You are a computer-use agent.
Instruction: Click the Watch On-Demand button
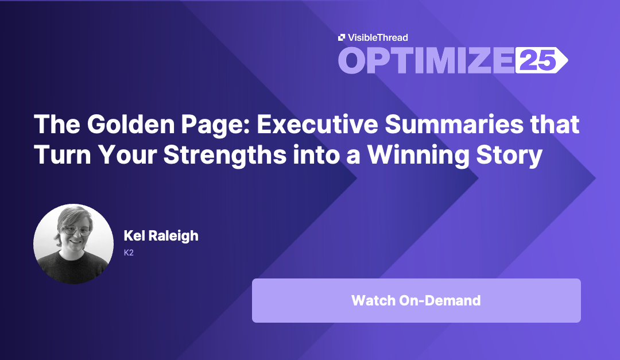coord(416,300)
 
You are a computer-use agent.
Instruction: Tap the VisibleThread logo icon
coord(342,37)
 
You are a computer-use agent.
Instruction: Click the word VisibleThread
coord(377,37)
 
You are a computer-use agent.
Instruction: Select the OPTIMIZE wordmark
coord(425,60)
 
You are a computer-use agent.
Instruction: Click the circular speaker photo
coord(73,243)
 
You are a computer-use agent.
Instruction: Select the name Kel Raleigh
coord(161,235)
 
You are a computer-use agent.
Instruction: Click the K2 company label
coord(129,251)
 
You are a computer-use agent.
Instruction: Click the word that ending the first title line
coord(555,125)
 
